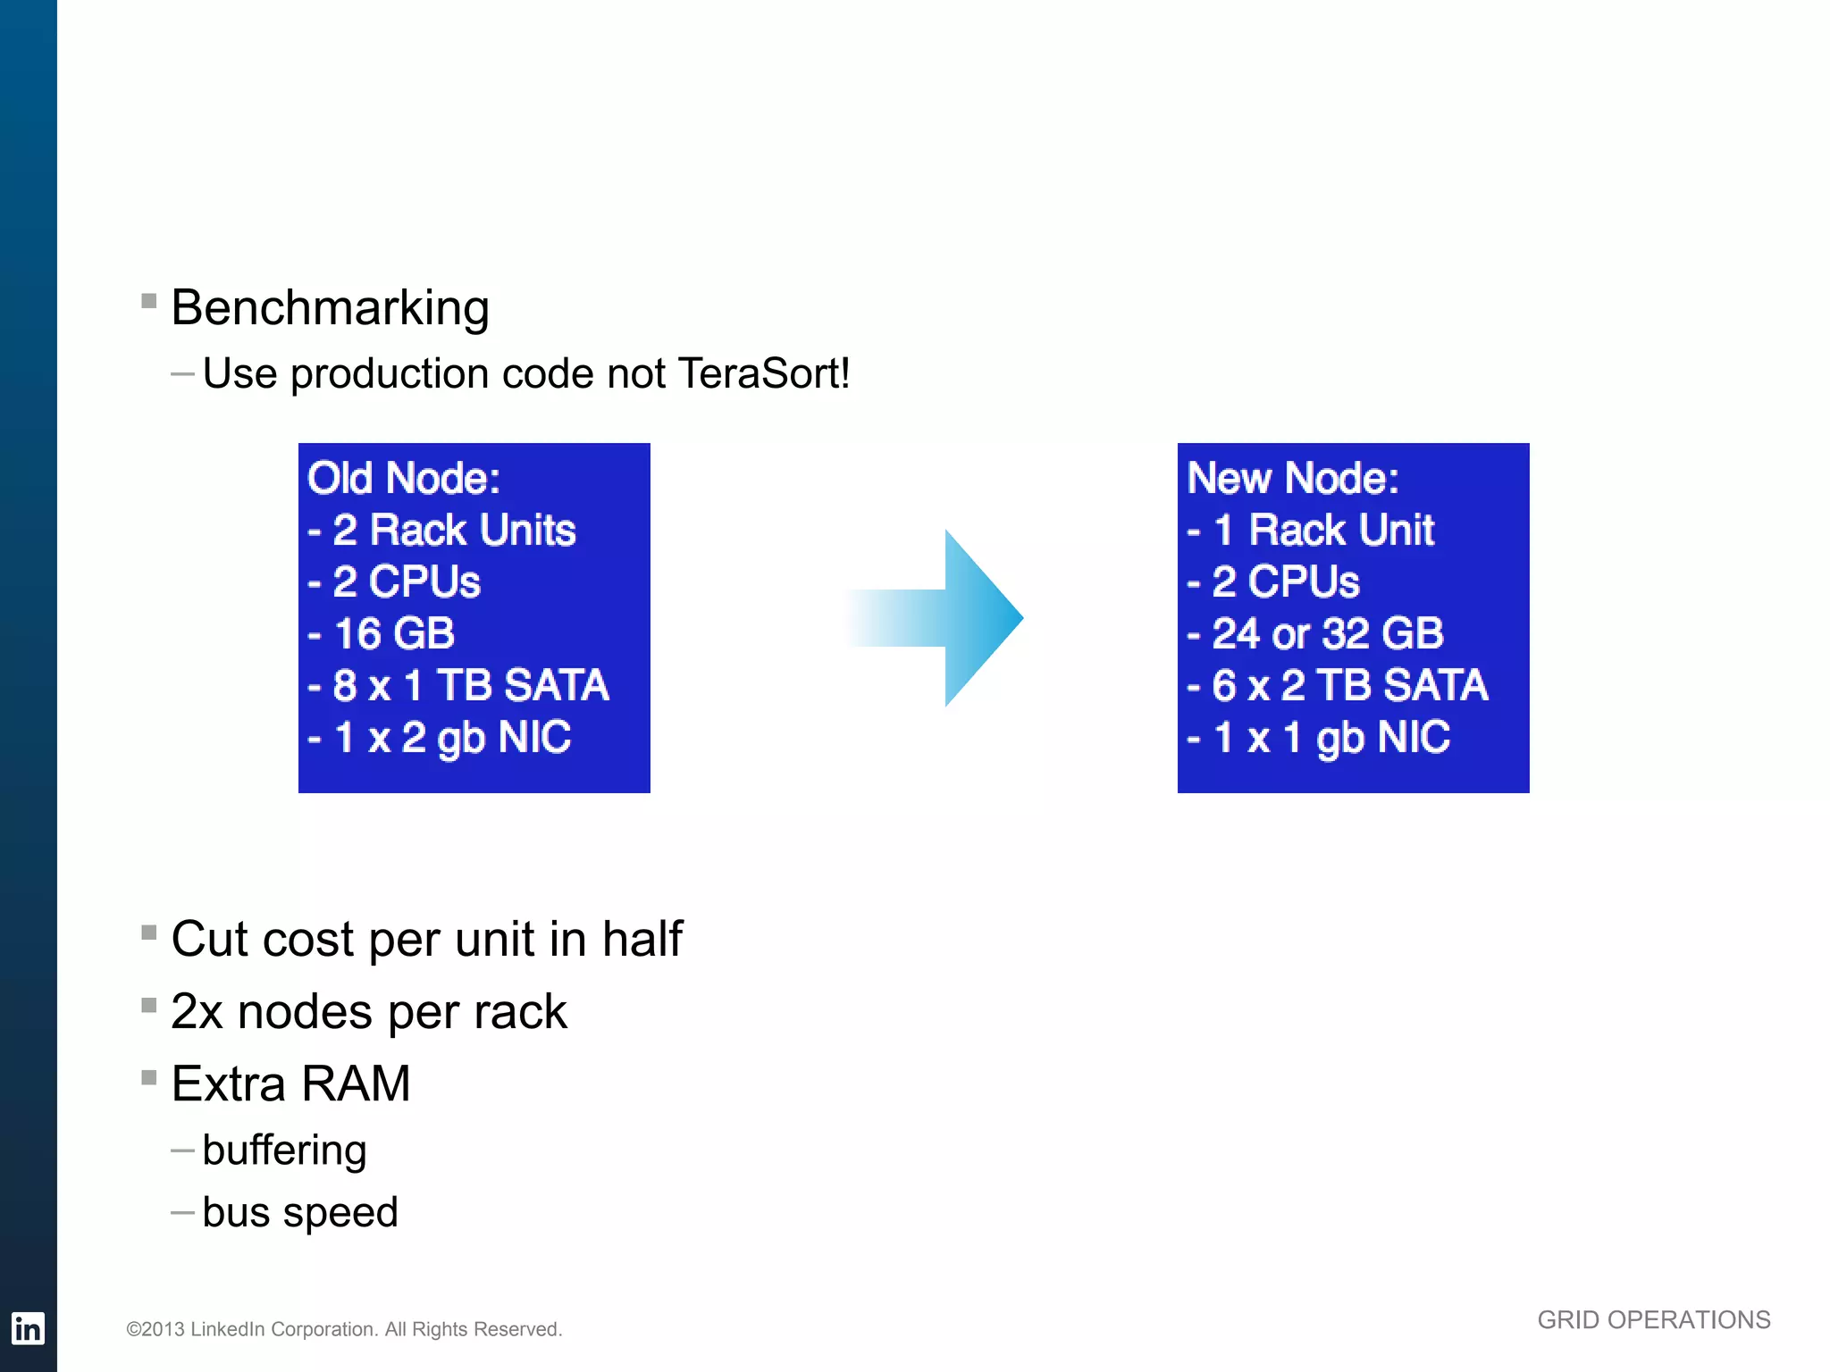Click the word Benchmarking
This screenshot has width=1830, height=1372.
tap(330, 309)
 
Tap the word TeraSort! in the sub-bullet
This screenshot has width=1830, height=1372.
tap(764, 373)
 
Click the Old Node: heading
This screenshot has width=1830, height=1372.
tap(403, 478)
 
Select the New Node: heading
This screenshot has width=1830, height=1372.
tap(1292, 478)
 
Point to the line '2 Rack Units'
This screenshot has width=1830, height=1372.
tap(454, 530)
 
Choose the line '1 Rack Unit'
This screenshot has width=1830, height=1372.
tap(1323, 530)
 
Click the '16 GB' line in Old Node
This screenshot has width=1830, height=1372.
tap(393, 634)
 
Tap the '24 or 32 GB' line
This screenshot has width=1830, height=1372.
tap(1327, 634)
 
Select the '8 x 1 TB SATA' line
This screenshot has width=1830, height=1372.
tap(470, 686)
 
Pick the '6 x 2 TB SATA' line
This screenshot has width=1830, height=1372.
tap(1349, 686)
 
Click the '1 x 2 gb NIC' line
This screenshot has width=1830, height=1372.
tap(451, 738)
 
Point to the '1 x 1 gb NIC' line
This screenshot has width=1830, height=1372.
tap(1331, 738)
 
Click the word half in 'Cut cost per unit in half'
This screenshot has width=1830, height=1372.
tap(642, 939)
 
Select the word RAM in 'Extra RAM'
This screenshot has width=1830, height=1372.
tap(356, 1084)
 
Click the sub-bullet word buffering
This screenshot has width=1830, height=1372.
tap(284, 1150)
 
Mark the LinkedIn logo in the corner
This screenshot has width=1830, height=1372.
tap(28, 1328)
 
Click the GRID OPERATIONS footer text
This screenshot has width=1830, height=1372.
tap(1653, 1320)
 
